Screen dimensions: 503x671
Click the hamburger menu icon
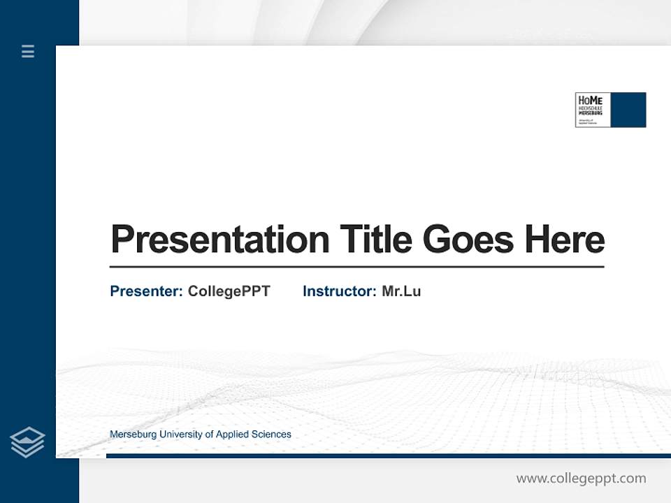28,51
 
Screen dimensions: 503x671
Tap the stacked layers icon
27,442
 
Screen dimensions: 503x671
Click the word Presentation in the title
219,240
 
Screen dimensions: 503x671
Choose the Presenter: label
146,291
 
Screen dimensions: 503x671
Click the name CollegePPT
229,291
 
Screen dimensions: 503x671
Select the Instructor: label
339,291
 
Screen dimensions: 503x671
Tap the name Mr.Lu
401,291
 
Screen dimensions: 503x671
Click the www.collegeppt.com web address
581,479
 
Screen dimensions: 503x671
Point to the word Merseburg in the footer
133,435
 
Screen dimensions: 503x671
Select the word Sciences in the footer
272,435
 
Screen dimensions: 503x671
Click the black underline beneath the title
356,267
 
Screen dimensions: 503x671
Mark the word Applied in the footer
233,435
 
